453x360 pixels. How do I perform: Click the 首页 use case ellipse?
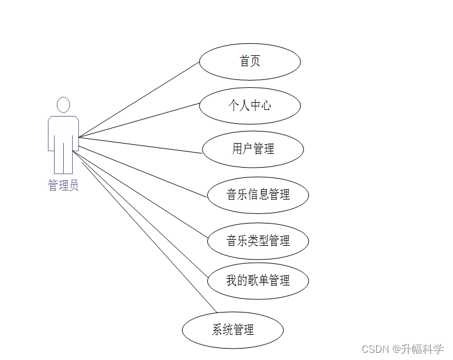pyautogui.click(x=249, y=61)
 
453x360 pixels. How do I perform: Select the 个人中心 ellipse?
pyautogui.click(x=249, y=106)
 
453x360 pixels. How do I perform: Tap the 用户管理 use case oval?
pyautogui.click(x=253, y=148)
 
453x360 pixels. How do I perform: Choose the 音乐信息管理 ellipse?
pyautogui.click(x=258, y=194)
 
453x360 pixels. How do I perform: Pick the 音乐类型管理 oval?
pyautogui.click(x=258, y=241)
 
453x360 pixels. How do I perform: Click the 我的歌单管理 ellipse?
pyautogui.click(x=258, y=280)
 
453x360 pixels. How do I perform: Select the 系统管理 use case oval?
pyautogui.click(x=233, y=329)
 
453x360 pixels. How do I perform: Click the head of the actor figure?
pyautogui.click(x=63, y=105)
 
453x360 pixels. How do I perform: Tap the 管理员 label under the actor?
pyautogui.click(x=63, y=185)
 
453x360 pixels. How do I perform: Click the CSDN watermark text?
pyautogui.click(x=377, y=349)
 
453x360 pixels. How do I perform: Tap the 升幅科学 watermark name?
pyautogui.click(x=423, y=349)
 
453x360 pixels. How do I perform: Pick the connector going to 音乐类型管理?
pyautogui.click(x=144, y=190)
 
